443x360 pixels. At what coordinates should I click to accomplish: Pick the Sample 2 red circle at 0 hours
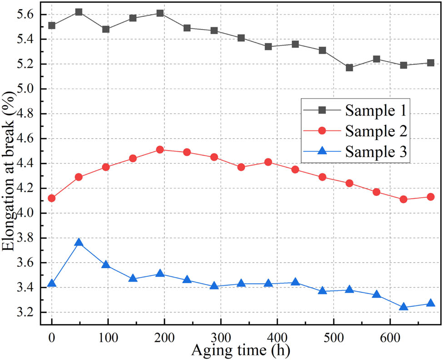pyautogui.click(x=52, y=198)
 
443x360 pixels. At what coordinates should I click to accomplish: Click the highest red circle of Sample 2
pyautogui.click(x=160, y=150)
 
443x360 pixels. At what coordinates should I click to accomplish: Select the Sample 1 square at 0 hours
pyautogui.click(x=52, y=25)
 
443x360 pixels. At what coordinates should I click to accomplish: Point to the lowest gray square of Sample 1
pyautogui.click(x=349, y=68)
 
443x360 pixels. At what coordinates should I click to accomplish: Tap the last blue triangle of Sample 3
pyautogui.click(x=430, y=304)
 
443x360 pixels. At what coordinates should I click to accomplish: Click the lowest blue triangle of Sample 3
pyautogui.click(x=403, y=307)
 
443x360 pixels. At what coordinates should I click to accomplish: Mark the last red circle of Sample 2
pyautogui.click(x=430, y=197)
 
